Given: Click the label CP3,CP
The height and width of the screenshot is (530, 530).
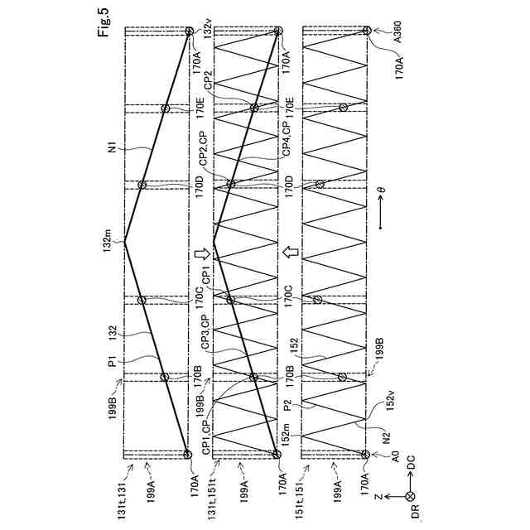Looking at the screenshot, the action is [199, 335].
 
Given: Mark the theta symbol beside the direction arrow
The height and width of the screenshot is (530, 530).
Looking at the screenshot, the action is [381, 189].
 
